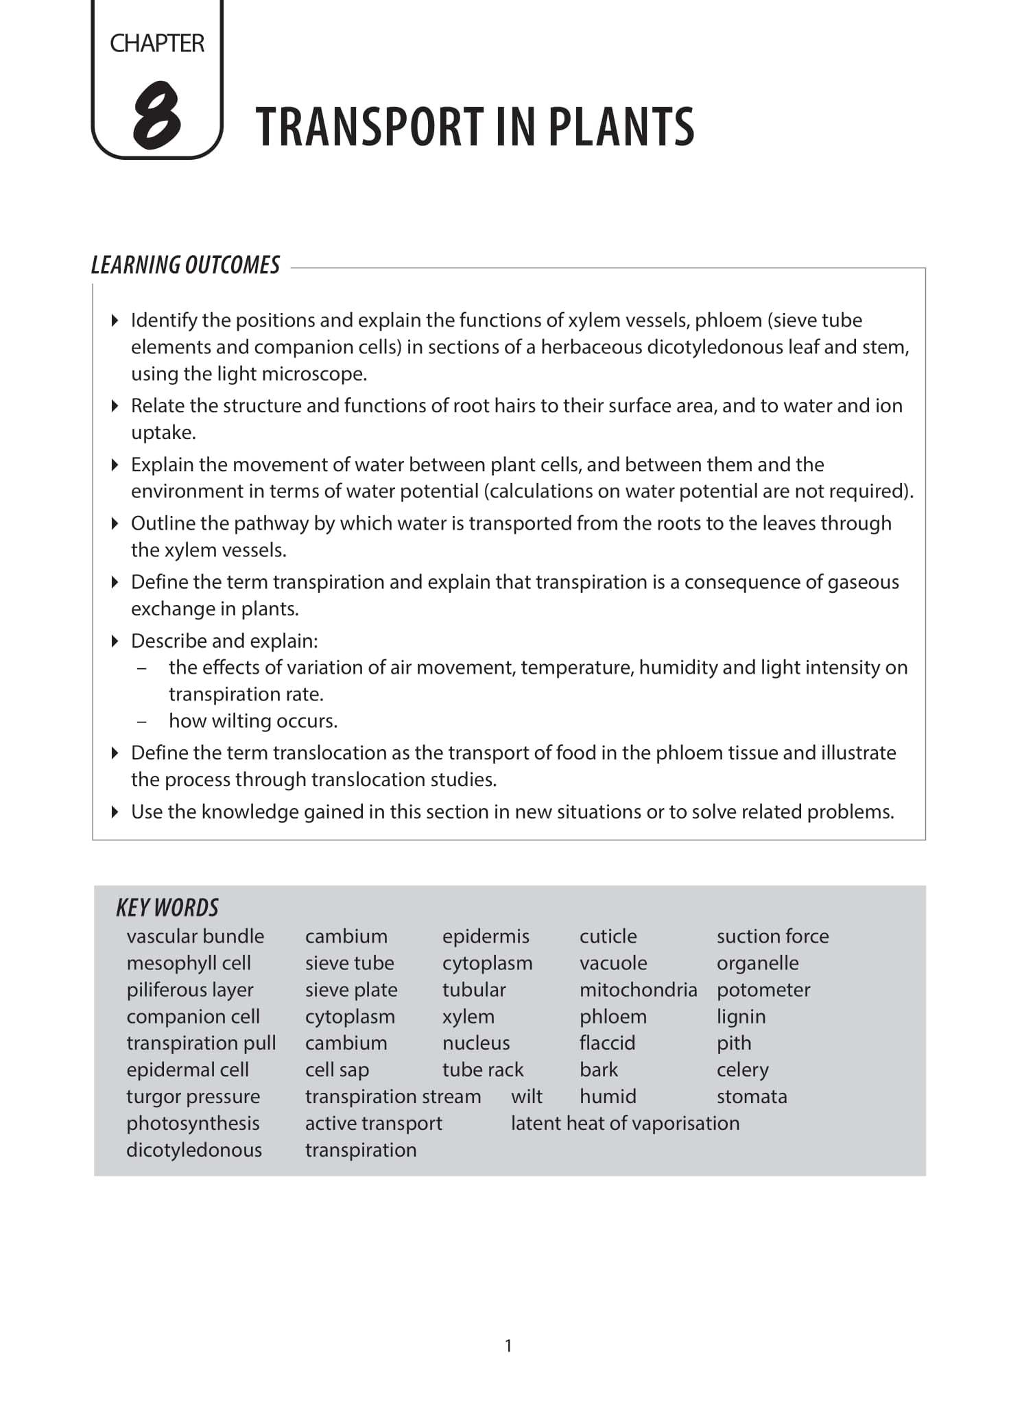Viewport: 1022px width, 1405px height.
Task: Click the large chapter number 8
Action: coord(156,115)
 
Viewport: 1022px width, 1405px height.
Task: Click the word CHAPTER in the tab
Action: coord(156,43)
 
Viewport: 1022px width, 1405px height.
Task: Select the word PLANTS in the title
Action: coord(621,127)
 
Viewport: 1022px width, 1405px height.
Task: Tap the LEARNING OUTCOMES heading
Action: coord(185,265)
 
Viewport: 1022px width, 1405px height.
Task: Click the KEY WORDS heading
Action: coord(167,908)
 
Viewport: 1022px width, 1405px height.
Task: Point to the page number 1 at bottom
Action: coord(508,1345)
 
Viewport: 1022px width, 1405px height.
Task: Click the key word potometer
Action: coord(763,989)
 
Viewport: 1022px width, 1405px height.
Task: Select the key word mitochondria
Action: coord(638,989)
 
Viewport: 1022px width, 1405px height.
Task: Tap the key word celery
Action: coord(742,1070)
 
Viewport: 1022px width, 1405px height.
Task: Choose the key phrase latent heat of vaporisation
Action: coord(625,1123)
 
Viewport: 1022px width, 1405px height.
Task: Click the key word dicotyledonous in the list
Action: coord(194,1150)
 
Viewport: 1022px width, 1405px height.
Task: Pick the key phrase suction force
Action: coord(772,936)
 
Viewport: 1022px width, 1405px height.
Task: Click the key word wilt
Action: coord(526,1096)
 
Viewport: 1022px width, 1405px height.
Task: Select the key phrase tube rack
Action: coord(482,1070)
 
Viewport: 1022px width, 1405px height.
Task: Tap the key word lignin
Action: coord(741,1016)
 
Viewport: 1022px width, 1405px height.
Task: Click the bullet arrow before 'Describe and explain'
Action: coord(115,641)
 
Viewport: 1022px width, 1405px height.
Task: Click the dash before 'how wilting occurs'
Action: coord(142,721)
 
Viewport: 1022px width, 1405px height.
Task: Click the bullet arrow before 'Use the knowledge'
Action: coord(115,812)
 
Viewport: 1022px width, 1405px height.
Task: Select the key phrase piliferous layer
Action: coord(190,989)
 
